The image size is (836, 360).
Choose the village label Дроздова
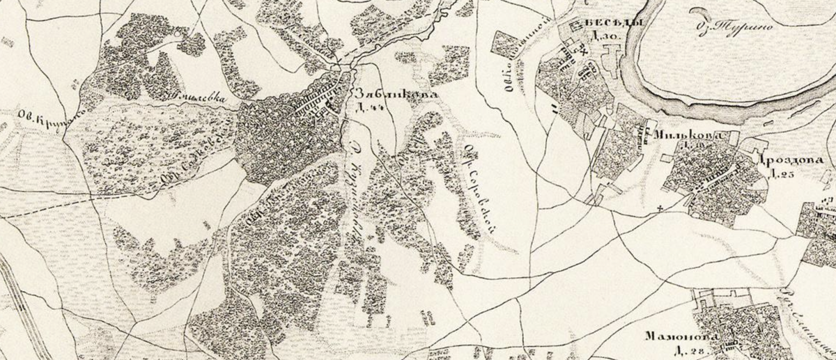pyautogui.click(x=796, y=159)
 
